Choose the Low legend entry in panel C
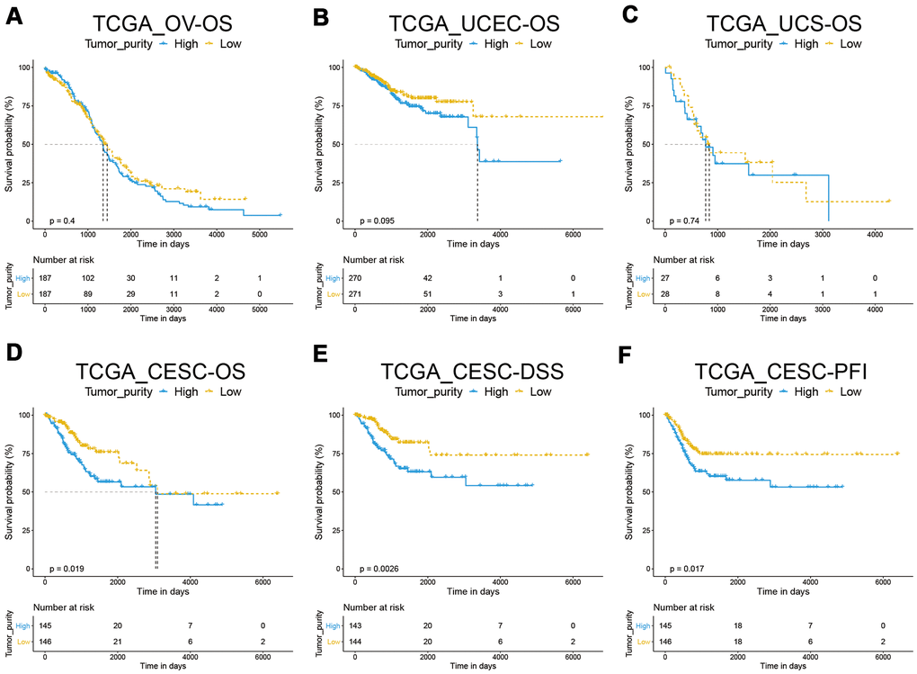tap(843, 43)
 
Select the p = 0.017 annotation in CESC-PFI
tap(687, 568)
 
